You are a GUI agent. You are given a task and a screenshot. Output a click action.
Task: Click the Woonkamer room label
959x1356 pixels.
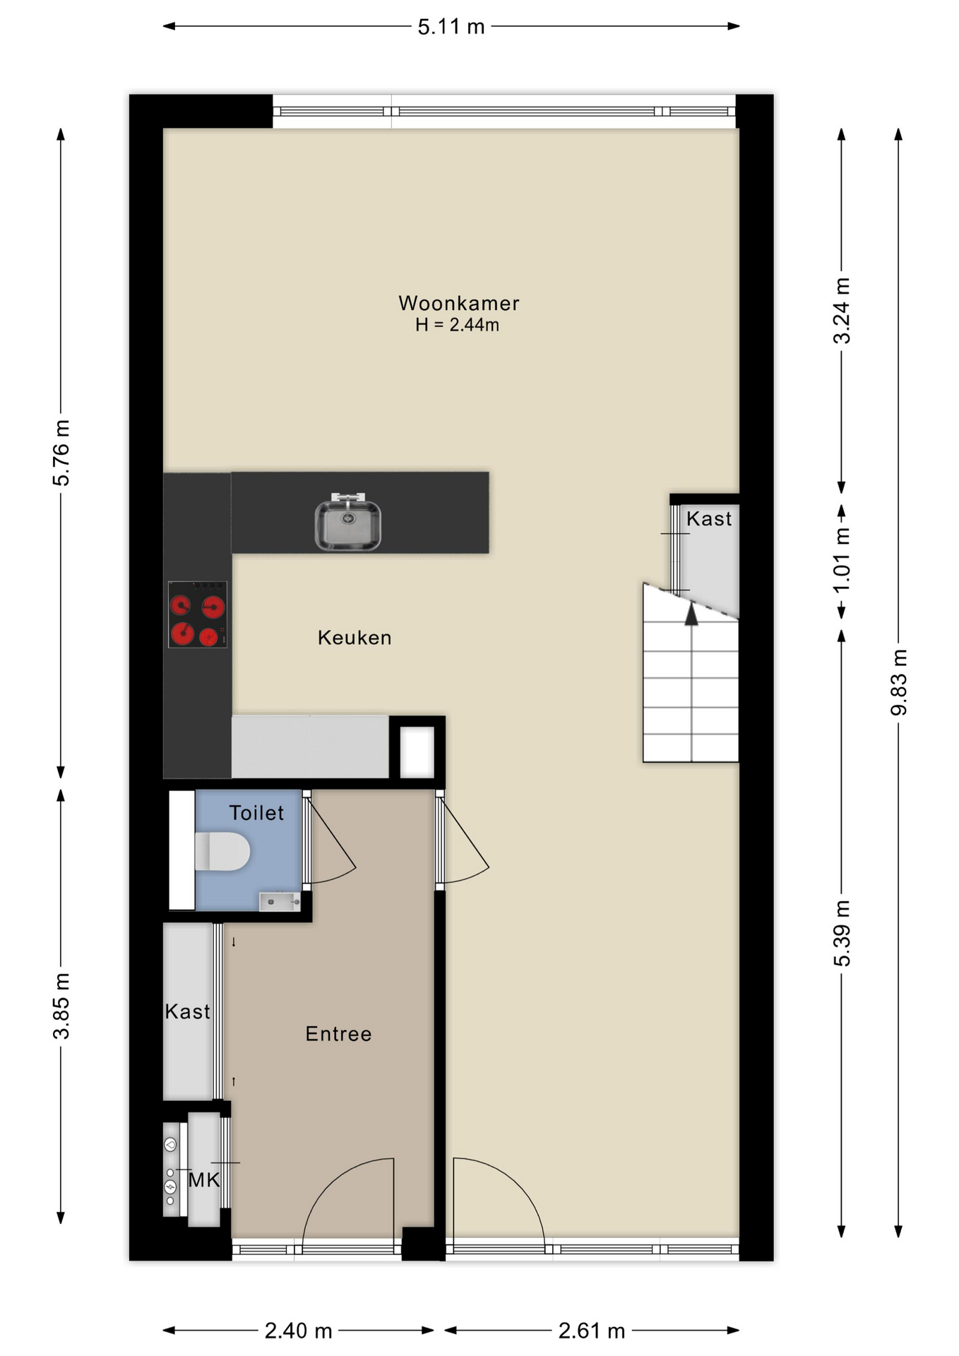pos(459,303)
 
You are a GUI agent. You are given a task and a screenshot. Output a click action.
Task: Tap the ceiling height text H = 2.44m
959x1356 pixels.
pos(457,325)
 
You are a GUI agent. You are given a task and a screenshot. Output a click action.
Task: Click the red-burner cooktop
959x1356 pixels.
pos(198,614)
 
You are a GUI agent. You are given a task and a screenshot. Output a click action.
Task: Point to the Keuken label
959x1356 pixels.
pos(355,638)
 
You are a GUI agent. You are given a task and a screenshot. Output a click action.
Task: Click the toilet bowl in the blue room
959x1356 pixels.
pos(222,851)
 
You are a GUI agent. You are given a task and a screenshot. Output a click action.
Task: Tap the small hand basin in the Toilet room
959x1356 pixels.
pos(280,902)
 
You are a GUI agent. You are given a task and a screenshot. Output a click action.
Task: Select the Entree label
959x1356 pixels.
pos(338,1034)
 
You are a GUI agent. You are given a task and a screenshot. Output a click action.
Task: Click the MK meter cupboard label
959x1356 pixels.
pos(204,1179)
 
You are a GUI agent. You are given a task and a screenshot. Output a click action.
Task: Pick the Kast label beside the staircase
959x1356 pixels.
pos(709,519)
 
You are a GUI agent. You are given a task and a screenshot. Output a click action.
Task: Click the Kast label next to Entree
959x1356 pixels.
pos(187,1011)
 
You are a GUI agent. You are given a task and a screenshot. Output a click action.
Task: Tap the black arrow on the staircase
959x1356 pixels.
pos(691,614)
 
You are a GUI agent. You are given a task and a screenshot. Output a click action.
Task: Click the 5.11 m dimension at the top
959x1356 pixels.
pos(451,27)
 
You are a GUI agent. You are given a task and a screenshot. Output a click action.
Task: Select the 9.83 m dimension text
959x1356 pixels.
pos(898,682)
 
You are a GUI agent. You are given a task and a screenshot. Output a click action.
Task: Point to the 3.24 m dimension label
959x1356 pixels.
pos(842,311)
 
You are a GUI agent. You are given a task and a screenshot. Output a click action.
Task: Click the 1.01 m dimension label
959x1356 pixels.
pos(842,561)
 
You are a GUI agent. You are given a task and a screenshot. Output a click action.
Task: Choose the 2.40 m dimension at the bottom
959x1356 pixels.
pos(298,1331)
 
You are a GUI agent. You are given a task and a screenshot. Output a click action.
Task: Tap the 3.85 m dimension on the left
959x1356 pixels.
pos(61,1006)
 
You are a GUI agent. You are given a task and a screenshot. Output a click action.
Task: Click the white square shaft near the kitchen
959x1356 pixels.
pos(417,751)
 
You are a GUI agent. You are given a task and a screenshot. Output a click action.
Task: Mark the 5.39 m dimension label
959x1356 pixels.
pos(842,934)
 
